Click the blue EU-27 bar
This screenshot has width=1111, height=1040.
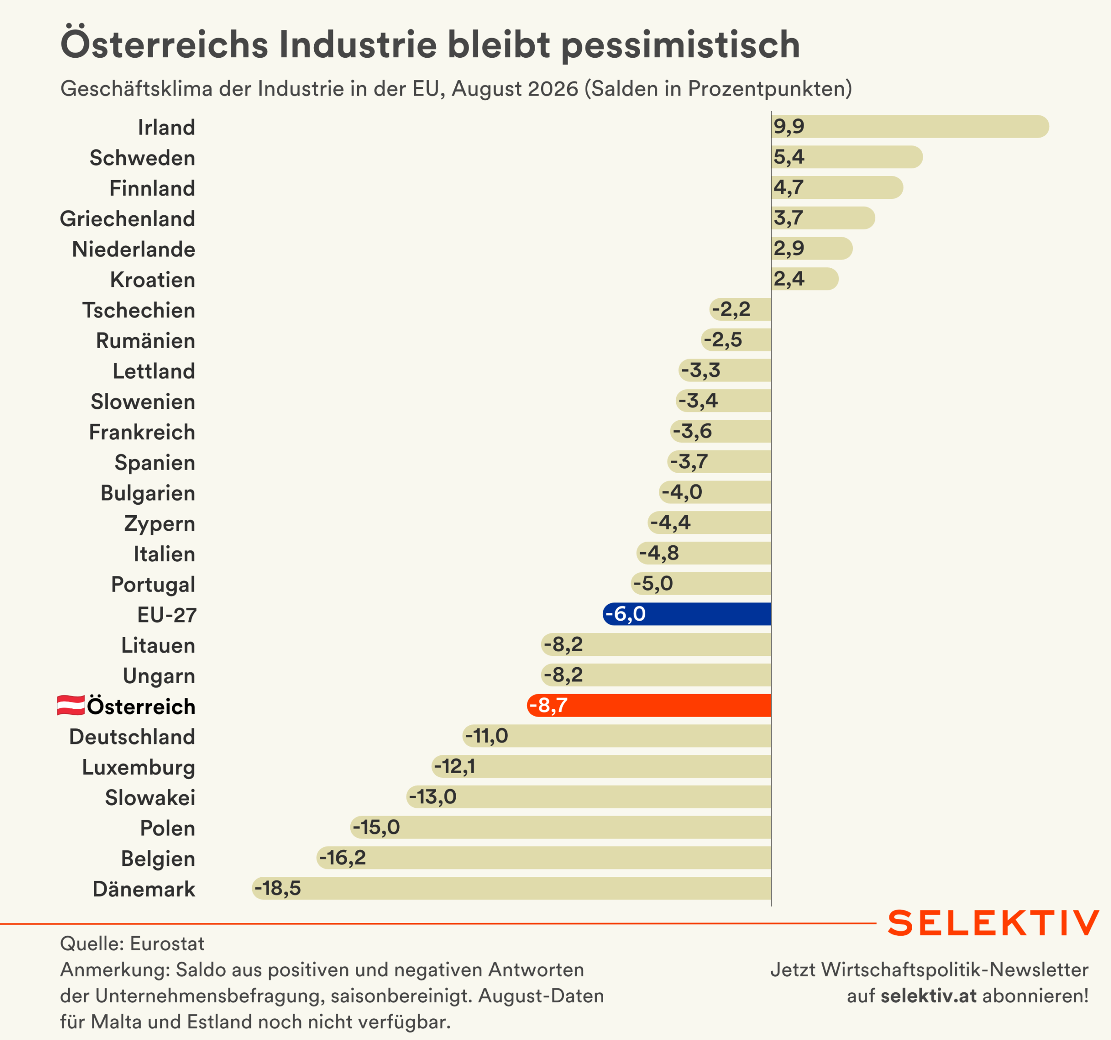687,614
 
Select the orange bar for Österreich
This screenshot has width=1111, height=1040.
649,705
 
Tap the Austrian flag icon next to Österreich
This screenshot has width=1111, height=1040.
71,705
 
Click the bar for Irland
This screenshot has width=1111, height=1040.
910,126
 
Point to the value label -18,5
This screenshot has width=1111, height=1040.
278,888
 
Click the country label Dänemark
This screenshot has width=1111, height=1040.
144,889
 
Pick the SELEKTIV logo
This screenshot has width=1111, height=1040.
993,923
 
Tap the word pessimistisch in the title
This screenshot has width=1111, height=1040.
680,45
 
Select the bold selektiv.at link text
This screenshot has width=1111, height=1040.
929,996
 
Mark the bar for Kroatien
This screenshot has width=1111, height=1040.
805,279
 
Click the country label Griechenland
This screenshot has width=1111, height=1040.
128,218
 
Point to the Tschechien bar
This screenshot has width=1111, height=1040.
740,309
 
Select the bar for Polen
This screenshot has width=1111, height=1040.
561,827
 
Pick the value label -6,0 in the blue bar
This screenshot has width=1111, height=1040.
625,614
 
